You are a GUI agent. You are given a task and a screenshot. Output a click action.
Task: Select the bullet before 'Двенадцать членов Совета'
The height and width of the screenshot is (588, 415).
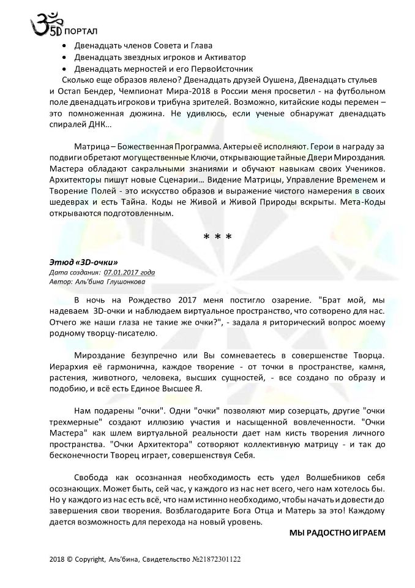click(x=66, y=46)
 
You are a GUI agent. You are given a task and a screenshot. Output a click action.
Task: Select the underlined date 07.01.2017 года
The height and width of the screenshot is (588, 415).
click(x=129, y=272)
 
